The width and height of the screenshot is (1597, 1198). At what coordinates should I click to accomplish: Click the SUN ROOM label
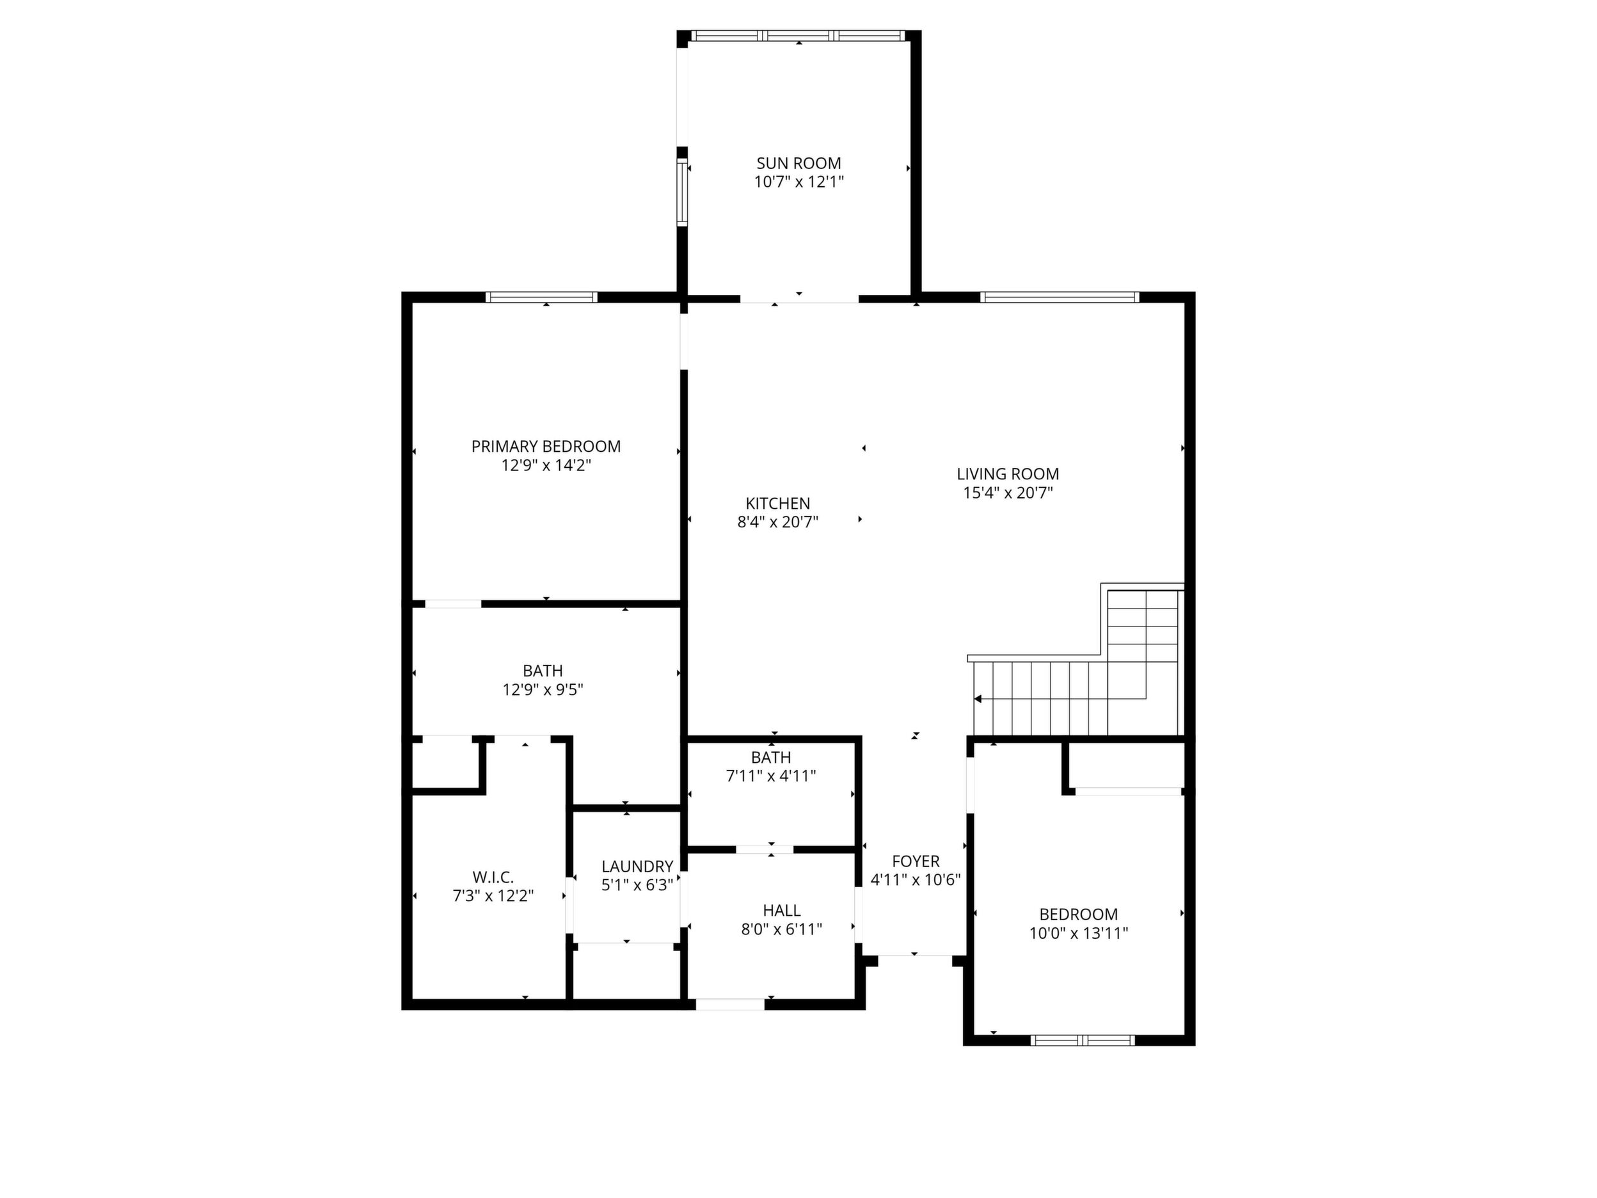click(x=798, y=163)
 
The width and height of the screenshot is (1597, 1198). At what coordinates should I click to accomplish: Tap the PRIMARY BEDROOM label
click(x=546, y=446)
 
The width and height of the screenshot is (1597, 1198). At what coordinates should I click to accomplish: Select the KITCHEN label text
click(x=777, y=503)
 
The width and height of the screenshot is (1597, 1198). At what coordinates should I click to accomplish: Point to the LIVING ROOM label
click(x=1008, y=474)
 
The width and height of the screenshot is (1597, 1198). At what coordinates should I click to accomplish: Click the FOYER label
click(x=916, y=861)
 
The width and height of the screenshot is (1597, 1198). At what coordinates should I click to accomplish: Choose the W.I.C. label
click(x=493, y=877)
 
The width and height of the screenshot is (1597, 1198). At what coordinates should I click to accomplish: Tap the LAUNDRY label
click(x=637, y=867)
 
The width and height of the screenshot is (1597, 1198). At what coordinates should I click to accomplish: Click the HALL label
click(x=782, y=911)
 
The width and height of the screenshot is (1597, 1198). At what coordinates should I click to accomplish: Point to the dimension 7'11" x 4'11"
click(x=771, y=776)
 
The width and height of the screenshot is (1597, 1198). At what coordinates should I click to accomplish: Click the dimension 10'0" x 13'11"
click(x=1079, y=933)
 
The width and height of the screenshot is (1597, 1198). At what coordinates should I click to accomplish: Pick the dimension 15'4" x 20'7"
click(x=1008, y=493)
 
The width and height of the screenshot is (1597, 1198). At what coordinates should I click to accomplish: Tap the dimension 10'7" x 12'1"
click(x=798, y=182)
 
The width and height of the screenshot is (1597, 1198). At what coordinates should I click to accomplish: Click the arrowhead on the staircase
click(x=978, y=699)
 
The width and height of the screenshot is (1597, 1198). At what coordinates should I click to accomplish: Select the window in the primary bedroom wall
click(x=541, y=297)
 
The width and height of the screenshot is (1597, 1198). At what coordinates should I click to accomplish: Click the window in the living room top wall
click(x=1060, y=297)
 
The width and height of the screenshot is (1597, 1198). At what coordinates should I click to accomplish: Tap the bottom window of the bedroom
click(x=1082, y=1041)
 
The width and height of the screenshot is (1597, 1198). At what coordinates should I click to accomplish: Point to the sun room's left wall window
click(x=682, y=192)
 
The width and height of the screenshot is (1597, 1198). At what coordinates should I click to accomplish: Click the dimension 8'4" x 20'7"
click(x=777, y=522)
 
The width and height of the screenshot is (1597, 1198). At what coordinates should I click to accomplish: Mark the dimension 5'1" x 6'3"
click(x=637, y=885)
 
